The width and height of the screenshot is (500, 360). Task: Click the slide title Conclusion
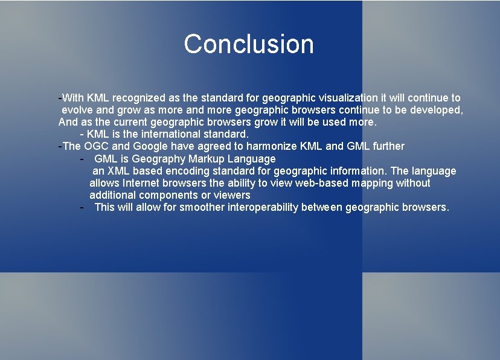coord(249,44)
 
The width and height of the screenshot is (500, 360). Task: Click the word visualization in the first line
coord(347,98)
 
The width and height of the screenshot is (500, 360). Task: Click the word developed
coord(439,110)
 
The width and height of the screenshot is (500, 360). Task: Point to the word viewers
coord(231,195)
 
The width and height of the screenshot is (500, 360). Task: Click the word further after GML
coord(389,146)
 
